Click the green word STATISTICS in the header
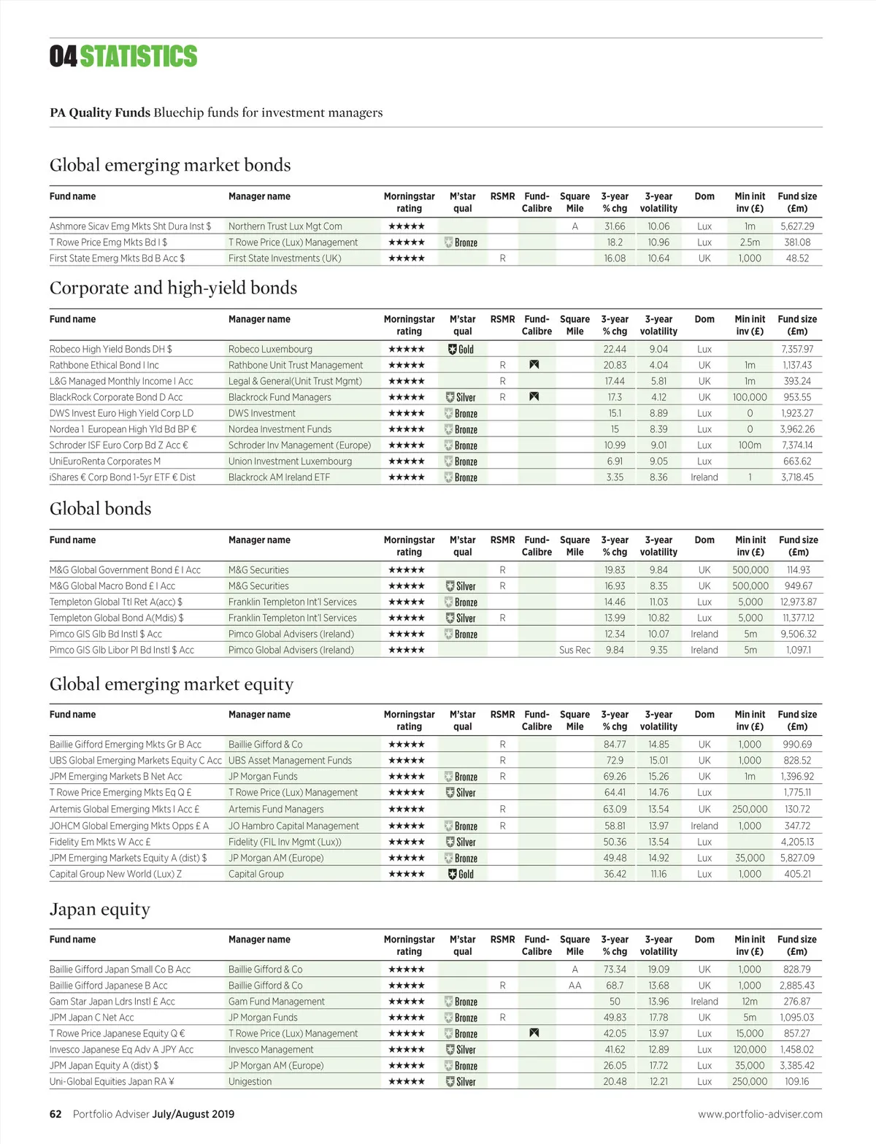click(x=138, y=56)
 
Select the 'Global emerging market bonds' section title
click(x=170, y=165)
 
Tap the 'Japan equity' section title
click(x=100, y=909)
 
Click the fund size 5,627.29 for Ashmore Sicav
click(x=797, y=226)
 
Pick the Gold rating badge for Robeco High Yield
click(x=461, y=349)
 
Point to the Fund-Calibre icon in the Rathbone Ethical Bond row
click(x=534, y=365)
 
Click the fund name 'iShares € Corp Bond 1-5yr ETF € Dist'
click(x=123, y=477)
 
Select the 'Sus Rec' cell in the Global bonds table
click(x=575, y=650)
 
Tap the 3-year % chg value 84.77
click(x=615, y=745)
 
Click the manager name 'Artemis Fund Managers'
click(x=276, y=809)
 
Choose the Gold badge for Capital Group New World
click(x=461, y=874)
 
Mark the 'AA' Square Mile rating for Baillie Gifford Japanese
click(x=575, y=986)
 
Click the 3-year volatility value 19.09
click(x=658, y=970)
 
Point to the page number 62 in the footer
click(x=55, y=1114)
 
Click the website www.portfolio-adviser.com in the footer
click(x=760, y=1114)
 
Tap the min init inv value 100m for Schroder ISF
click(x=750, y=445)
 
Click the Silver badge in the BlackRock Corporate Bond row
click(x=461, y=397)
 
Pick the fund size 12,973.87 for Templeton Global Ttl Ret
click(x=798, y=602)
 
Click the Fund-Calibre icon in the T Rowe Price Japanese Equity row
click(x=534, y=1033)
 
